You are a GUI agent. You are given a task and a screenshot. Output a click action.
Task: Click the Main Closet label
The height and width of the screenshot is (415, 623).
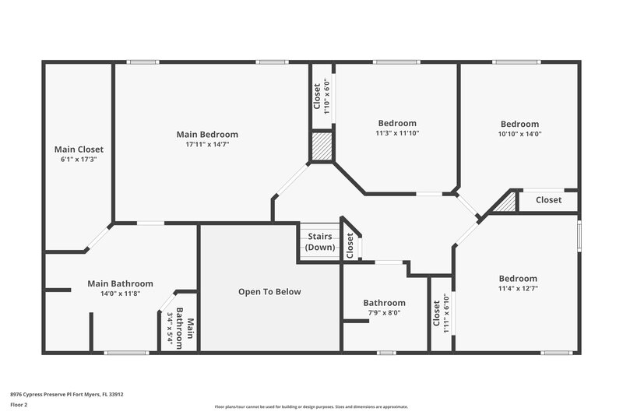[79, 149]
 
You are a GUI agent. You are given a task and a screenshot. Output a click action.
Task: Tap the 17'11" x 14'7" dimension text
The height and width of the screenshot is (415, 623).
[207, 144]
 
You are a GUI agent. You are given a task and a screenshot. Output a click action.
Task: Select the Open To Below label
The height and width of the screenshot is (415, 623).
[269, 292]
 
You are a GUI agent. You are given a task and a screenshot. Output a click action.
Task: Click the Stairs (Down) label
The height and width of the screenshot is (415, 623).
[319, 241]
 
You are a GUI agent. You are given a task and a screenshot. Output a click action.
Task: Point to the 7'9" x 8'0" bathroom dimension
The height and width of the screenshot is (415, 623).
[384, 313]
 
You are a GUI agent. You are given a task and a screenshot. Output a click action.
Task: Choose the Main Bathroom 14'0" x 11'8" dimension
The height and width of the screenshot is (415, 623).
[120, 294]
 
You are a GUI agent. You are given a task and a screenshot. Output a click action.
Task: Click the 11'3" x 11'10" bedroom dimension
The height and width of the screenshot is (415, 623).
[397, 133]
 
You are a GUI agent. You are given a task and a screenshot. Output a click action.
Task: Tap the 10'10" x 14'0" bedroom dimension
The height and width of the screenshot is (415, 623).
[519, 134]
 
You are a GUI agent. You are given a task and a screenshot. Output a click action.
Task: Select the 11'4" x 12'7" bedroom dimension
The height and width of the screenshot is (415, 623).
[518, 289]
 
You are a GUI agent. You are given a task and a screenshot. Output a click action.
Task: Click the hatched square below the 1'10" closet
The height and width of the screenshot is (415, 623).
[322, 146]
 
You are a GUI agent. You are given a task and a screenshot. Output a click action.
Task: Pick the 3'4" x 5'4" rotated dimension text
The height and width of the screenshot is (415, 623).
[170, 329]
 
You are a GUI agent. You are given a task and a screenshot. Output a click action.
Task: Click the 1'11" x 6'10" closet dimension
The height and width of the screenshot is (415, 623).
[446, 314]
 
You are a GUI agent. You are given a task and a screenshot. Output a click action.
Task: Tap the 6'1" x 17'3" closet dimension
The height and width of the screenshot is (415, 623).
[79, 159]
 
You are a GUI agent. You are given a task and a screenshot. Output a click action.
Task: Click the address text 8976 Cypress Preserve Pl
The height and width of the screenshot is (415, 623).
[66, 394]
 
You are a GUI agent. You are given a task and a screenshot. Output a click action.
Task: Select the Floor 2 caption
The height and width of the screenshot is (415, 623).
[19, 405]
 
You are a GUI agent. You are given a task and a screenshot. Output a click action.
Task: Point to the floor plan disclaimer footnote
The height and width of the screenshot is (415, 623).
[311, 406]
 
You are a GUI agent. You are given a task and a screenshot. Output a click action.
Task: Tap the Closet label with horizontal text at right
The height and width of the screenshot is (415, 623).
[548, 200]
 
